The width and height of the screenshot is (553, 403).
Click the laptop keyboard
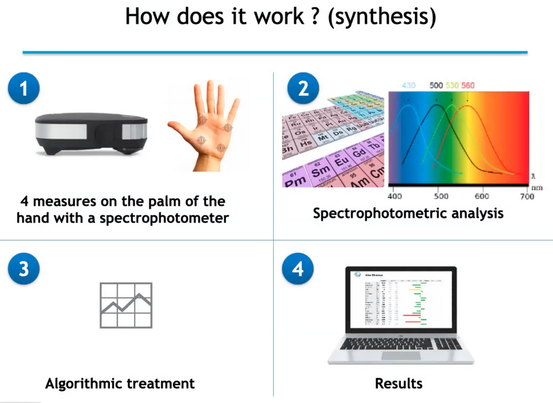pyautogui.click(x=399, y=345)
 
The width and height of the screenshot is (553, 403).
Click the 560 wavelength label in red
pyautogui.click(x=468, y=86)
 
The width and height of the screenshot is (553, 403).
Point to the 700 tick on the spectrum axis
pyautogui.click(x=527, y=196)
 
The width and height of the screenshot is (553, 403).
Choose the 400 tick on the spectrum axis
pyautogui.click(x=395, y=196)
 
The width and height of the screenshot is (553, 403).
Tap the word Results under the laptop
pyautogui.click(x=399, y=383)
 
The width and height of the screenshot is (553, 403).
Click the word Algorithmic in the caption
pyautogui.click(x=84, y=383)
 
